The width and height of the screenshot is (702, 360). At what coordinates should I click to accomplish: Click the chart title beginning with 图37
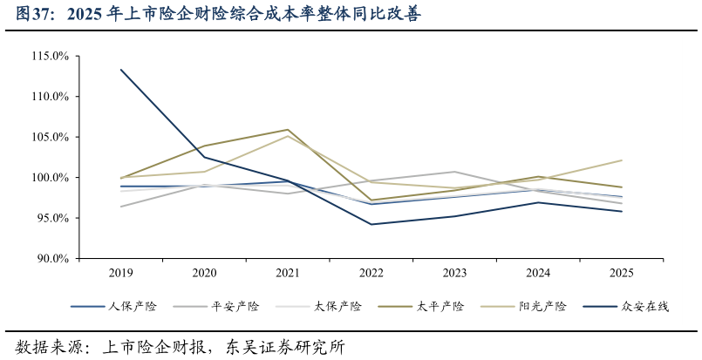pos(218,15)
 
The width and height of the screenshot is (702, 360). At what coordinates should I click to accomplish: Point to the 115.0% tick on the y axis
pos(50,56)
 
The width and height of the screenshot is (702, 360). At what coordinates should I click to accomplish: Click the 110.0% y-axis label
pos(50,96)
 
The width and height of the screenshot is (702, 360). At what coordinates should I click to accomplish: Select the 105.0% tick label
pos(50,137)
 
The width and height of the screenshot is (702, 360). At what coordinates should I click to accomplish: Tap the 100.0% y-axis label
pos(50,178)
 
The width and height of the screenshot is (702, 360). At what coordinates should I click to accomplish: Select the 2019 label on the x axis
pos(121,273)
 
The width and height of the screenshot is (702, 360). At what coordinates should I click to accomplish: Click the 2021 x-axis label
pos(288,273)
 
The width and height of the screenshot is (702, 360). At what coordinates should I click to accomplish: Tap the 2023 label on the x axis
pos(454,273)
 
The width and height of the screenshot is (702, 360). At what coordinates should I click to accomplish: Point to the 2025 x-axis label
pos(621,273)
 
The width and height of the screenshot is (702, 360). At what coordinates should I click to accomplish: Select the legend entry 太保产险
pos(337,307)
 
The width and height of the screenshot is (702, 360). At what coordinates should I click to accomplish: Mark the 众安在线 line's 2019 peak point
pos(121,70)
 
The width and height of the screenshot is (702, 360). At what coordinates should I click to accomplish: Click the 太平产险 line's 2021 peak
pos(288,130)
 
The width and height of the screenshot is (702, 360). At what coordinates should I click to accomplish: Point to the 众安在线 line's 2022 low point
pos(371,224)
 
